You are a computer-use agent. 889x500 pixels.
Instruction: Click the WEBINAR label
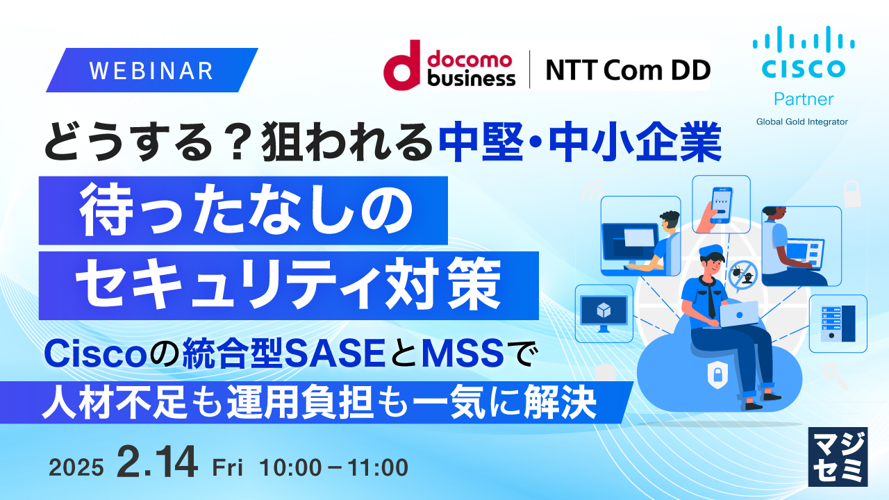click(151, 70)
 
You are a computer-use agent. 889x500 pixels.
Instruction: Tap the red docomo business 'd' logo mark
click(402, 64)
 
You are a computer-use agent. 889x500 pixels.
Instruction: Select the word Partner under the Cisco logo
click(803, 99)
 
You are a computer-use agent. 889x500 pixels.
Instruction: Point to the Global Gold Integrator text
click(802, 122)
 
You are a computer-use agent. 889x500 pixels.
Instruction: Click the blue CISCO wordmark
click(803, 69)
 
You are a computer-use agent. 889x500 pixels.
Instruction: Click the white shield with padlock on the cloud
click(715, 376)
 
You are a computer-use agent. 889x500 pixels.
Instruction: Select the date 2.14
click(158, 463)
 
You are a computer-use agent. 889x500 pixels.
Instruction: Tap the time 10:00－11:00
click(333, 468)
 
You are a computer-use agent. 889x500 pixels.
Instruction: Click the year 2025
click(76, 468)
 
